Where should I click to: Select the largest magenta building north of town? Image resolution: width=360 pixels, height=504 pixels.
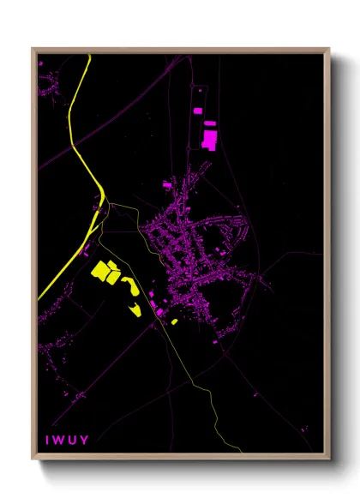(x=209, y=137)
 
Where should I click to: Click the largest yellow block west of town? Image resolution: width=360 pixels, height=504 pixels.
(x=104, y=271)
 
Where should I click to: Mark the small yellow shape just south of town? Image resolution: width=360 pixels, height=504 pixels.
(x=175, y=321)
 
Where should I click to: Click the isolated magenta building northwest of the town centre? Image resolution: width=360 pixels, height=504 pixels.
(x=166, y=183)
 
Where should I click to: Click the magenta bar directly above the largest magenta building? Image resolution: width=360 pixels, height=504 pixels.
(x=210, y=123)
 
